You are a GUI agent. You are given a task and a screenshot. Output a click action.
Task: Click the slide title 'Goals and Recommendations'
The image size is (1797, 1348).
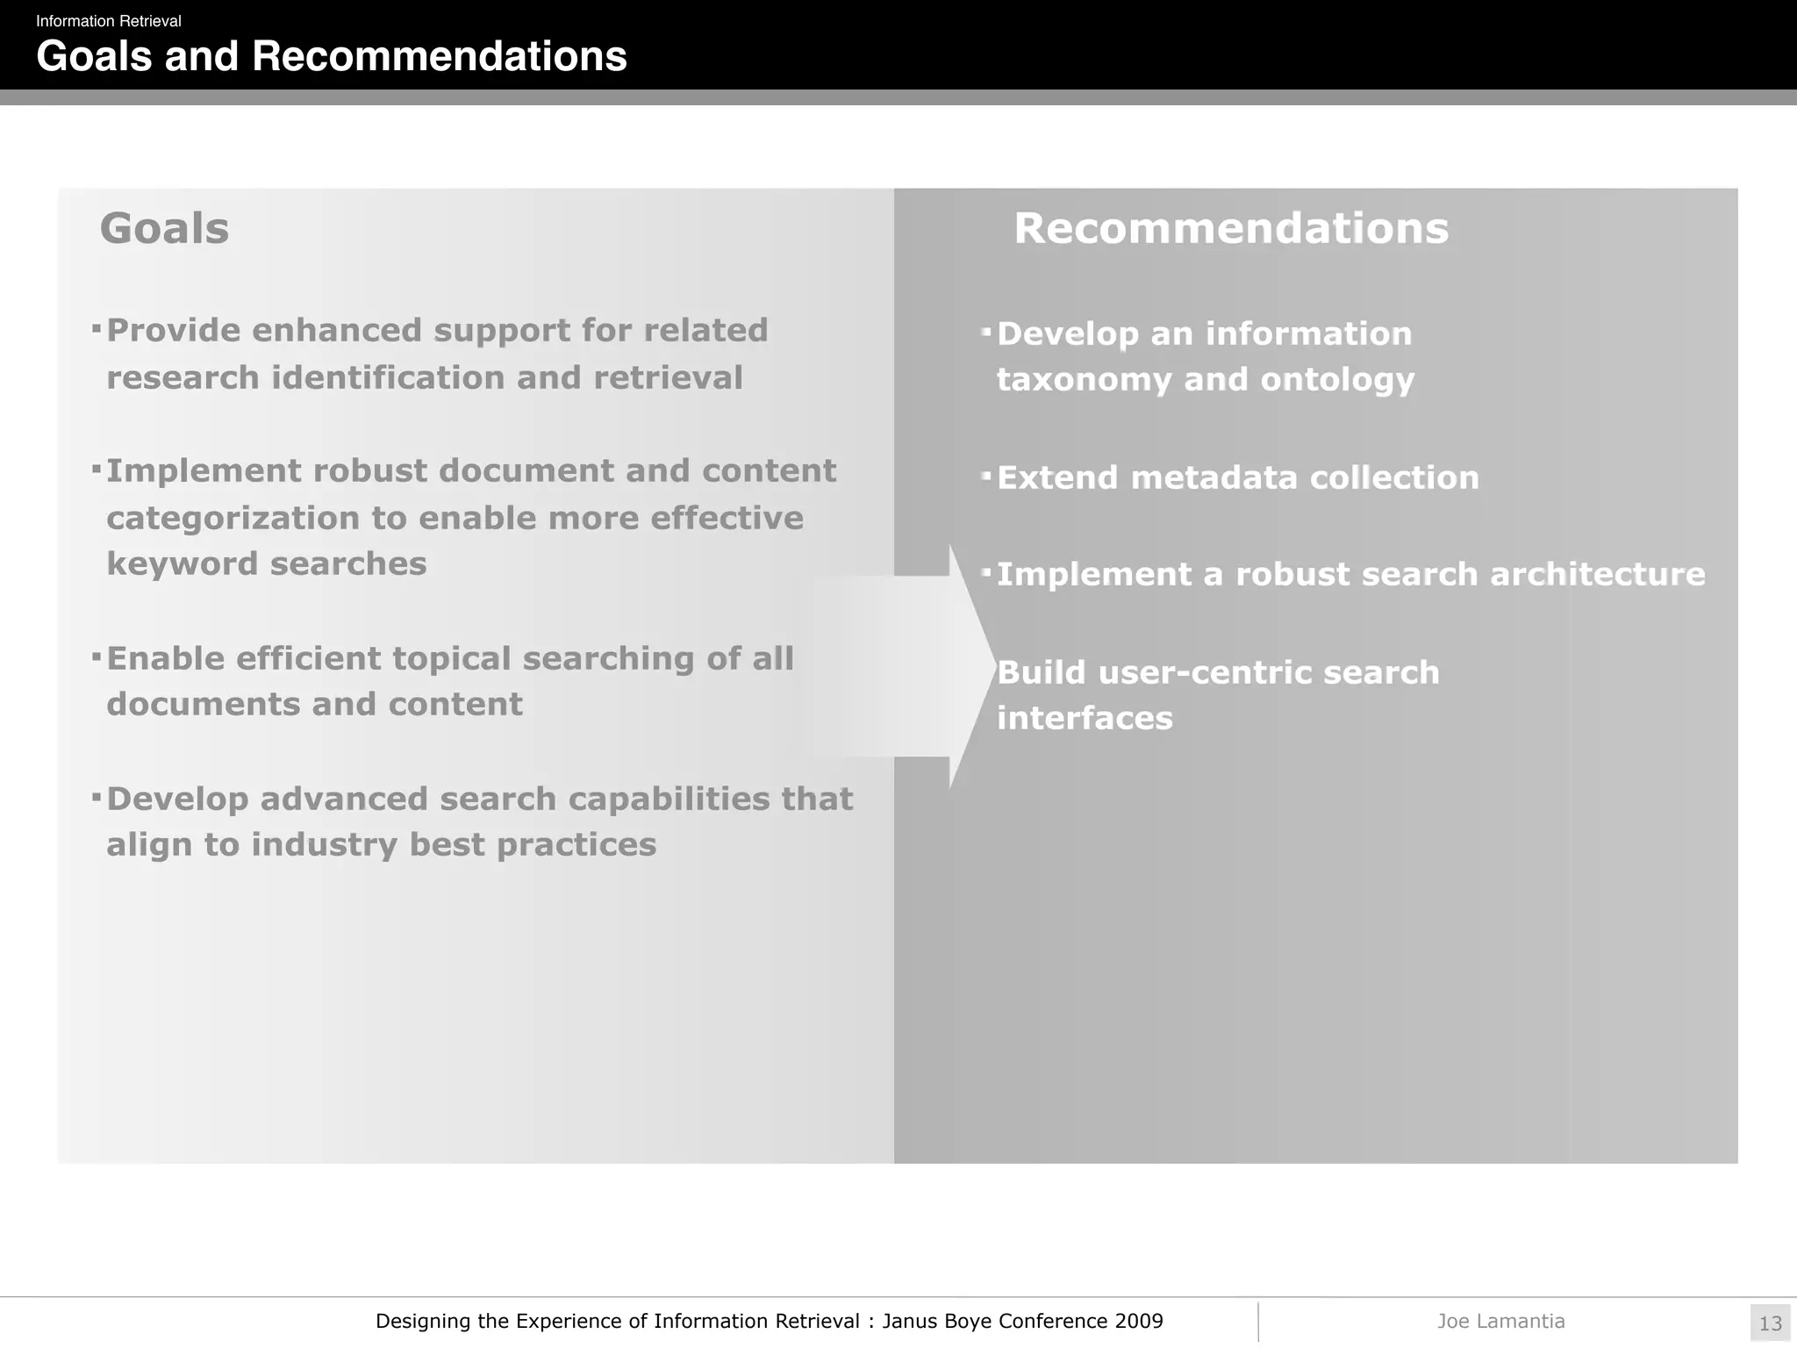point(332,57)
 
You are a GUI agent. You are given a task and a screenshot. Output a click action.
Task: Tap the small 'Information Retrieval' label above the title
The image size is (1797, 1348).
point(108,21)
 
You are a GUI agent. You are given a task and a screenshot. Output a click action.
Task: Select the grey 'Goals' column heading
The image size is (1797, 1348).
point(164,228)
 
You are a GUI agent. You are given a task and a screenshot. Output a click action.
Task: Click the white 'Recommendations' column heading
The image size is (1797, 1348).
point(1231,228)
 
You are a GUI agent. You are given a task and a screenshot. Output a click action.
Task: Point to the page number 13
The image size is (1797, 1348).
point(1770,1323)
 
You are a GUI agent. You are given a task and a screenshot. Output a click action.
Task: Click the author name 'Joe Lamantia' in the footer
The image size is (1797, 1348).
point(1500,1321)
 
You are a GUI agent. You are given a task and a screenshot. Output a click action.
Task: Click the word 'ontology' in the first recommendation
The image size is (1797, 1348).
point(1337,380)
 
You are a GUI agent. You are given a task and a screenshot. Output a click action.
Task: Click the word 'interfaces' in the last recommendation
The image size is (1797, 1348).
point(1085,719)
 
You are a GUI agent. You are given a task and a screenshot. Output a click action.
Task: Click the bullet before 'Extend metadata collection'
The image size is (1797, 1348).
point(986,477)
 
